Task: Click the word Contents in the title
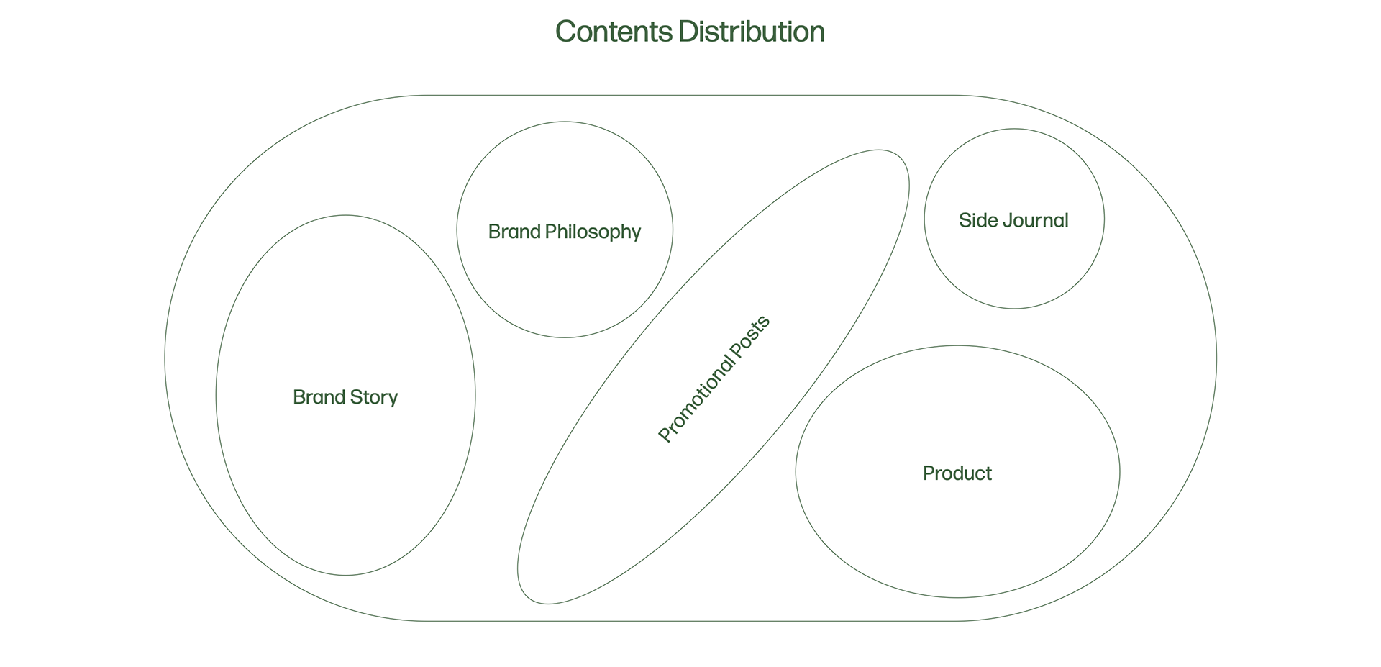(x=614, y=32)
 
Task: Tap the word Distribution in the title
(x=751, y=32)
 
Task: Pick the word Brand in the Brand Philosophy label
(x=514, y=232)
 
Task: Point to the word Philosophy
(x=593, y=232)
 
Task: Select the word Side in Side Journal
(x=975, y=220)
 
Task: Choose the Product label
(x=957, y=473)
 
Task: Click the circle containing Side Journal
(x=1013, y=266)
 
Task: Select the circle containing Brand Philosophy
(x=565, y=288)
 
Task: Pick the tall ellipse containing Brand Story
(x=345, y=489)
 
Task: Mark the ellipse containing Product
(x=957, y=540)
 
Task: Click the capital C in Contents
(x=566, y=32)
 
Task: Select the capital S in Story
(x=355, y=397)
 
